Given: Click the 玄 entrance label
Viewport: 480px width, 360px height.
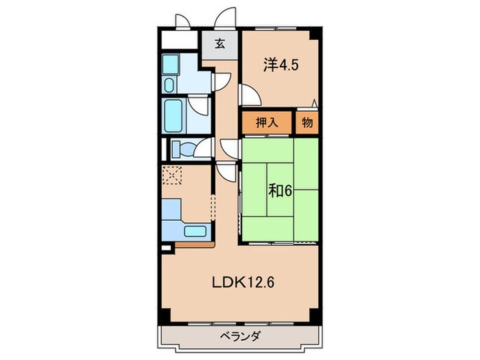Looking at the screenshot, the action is click(220, 44).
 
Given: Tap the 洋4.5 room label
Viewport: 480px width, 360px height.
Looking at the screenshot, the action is click(280, 65).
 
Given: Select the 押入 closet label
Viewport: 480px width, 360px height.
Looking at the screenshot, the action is click(267, 123).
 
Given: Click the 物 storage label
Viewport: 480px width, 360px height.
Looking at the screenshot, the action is click(307, 123).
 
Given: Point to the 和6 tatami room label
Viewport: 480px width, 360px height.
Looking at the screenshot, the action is click(280, 191).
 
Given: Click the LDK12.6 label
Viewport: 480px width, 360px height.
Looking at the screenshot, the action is click(243, 283).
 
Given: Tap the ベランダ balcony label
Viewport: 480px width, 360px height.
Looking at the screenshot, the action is click(240, 336).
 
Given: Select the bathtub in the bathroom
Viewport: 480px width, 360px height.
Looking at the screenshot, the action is click(173, 116).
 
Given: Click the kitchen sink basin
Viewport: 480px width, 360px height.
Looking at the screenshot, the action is click(195, 231).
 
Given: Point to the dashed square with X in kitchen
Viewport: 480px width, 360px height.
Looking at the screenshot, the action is click(171, 176).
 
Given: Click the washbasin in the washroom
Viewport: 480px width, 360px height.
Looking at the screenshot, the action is click(169, 85).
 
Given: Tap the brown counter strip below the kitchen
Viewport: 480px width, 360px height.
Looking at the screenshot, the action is click(195, 245).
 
